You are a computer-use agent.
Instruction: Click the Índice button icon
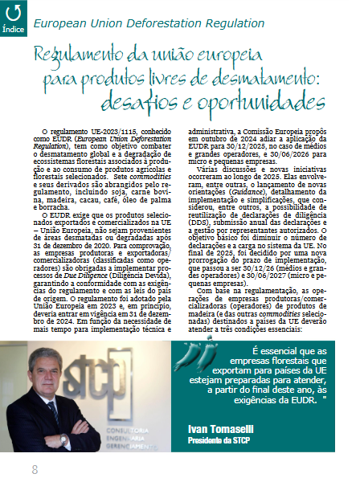[x=13, y=14]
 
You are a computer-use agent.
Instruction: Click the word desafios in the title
[x=156, y=104]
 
